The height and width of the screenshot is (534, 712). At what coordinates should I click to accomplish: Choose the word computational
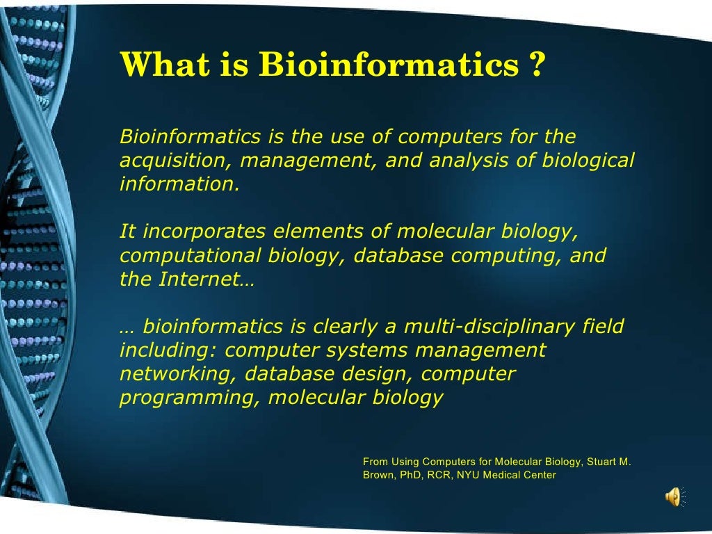184,256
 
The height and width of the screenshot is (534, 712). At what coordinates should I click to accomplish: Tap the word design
379,374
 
